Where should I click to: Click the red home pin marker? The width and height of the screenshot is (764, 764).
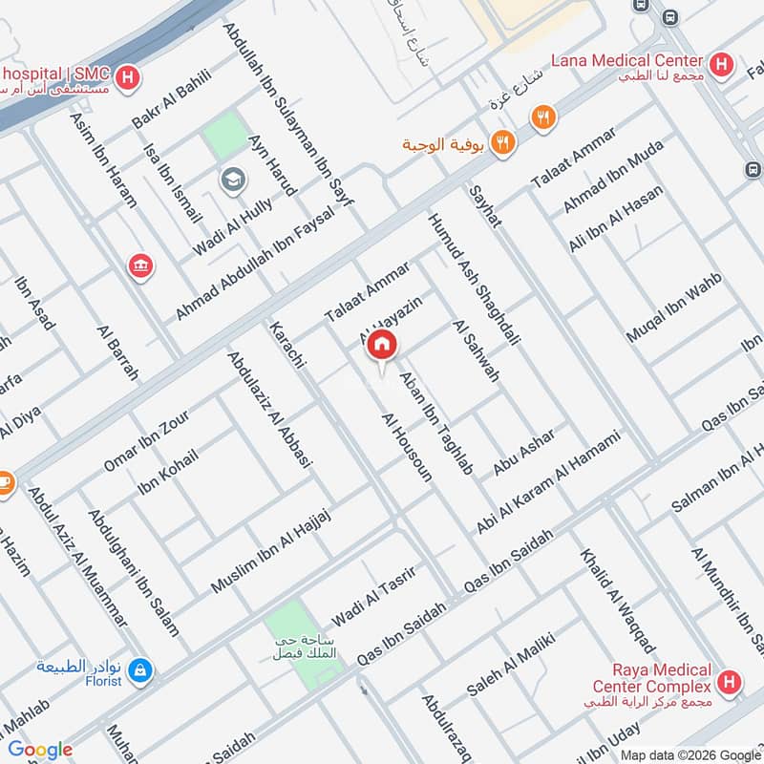click(x=382, y=346)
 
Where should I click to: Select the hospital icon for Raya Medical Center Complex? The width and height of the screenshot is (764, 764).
click(x=731, y=682)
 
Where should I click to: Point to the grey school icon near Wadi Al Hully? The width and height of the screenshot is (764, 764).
click(x=230, y=180)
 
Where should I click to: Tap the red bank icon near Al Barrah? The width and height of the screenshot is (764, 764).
click(x=141, y=266)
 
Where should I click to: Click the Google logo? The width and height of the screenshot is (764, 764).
click(x=39, y=750)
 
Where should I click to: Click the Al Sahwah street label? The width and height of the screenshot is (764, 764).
click(x=477, y=350)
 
